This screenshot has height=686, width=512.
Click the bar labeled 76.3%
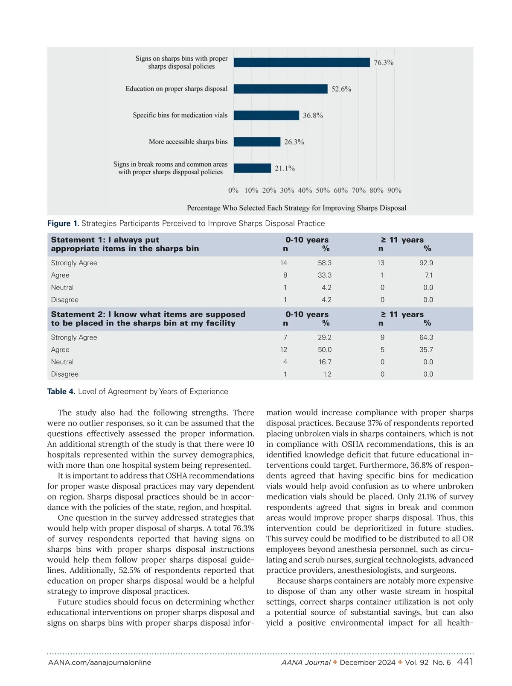coord(302,62)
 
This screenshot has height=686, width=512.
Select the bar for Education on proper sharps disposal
coord(280,89)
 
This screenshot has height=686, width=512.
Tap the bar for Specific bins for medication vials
coord(266,115)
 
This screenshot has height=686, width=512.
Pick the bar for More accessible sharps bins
coord(257,142)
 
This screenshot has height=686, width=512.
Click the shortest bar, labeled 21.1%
coord(252,168)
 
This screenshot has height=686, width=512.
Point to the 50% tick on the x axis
coord(323,191)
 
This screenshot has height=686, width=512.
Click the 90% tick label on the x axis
coord(394,191)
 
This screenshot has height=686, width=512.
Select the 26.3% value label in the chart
coord(294,142)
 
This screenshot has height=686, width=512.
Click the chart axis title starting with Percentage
coord(297,208)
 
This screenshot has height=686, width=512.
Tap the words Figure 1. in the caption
coord(63,223)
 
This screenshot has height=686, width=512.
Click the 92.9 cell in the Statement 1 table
coord(426,263)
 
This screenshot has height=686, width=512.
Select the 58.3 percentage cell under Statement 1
coord(324,263)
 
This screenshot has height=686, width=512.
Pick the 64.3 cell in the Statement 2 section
coord(426,337)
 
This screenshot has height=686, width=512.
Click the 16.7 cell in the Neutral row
coord(325,362)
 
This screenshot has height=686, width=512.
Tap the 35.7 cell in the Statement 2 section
coord(426,350)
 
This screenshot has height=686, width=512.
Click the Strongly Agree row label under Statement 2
coord(74,337)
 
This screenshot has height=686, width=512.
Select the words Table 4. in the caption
coord(61,392)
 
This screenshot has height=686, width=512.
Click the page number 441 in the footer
coord(465,662)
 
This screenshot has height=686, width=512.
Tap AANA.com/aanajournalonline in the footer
coord(99,663)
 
